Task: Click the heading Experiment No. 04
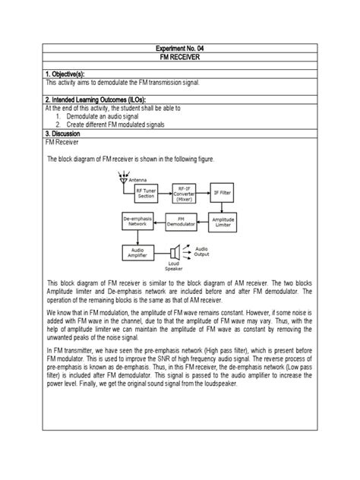pos(180,47)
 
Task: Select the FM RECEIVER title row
pos(180,57)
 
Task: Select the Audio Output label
pos(203,251)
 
